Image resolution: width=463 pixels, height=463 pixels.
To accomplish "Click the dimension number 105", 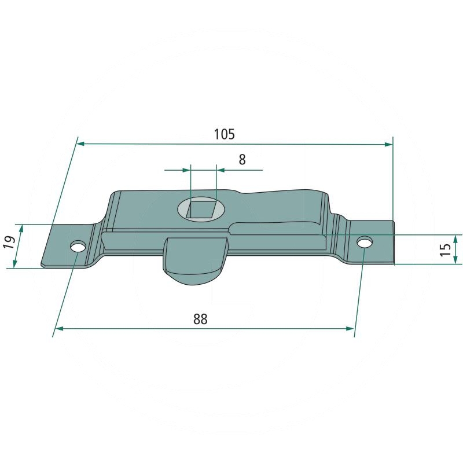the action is pyautogui.click(x=224, y=134).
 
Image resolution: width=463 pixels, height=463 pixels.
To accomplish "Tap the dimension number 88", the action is pyautogui.click(x=200, y=319).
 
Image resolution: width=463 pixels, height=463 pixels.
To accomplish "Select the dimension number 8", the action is pyautogui.click(x=242, y=160).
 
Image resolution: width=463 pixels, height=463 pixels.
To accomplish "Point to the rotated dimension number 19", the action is pyautogui.click(x=9, y=242).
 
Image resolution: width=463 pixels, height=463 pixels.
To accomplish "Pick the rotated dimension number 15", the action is pyautogui.click(x=446, y=249).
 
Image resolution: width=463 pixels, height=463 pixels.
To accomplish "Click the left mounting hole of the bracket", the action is pyautogui.click(x=78, y=247).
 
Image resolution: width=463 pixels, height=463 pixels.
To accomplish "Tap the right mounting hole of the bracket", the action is pyautogui.click(x=365, y=242).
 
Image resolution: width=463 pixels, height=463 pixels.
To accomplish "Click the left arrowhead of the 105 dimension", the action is pyautogui.click(x=81, y=144).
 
